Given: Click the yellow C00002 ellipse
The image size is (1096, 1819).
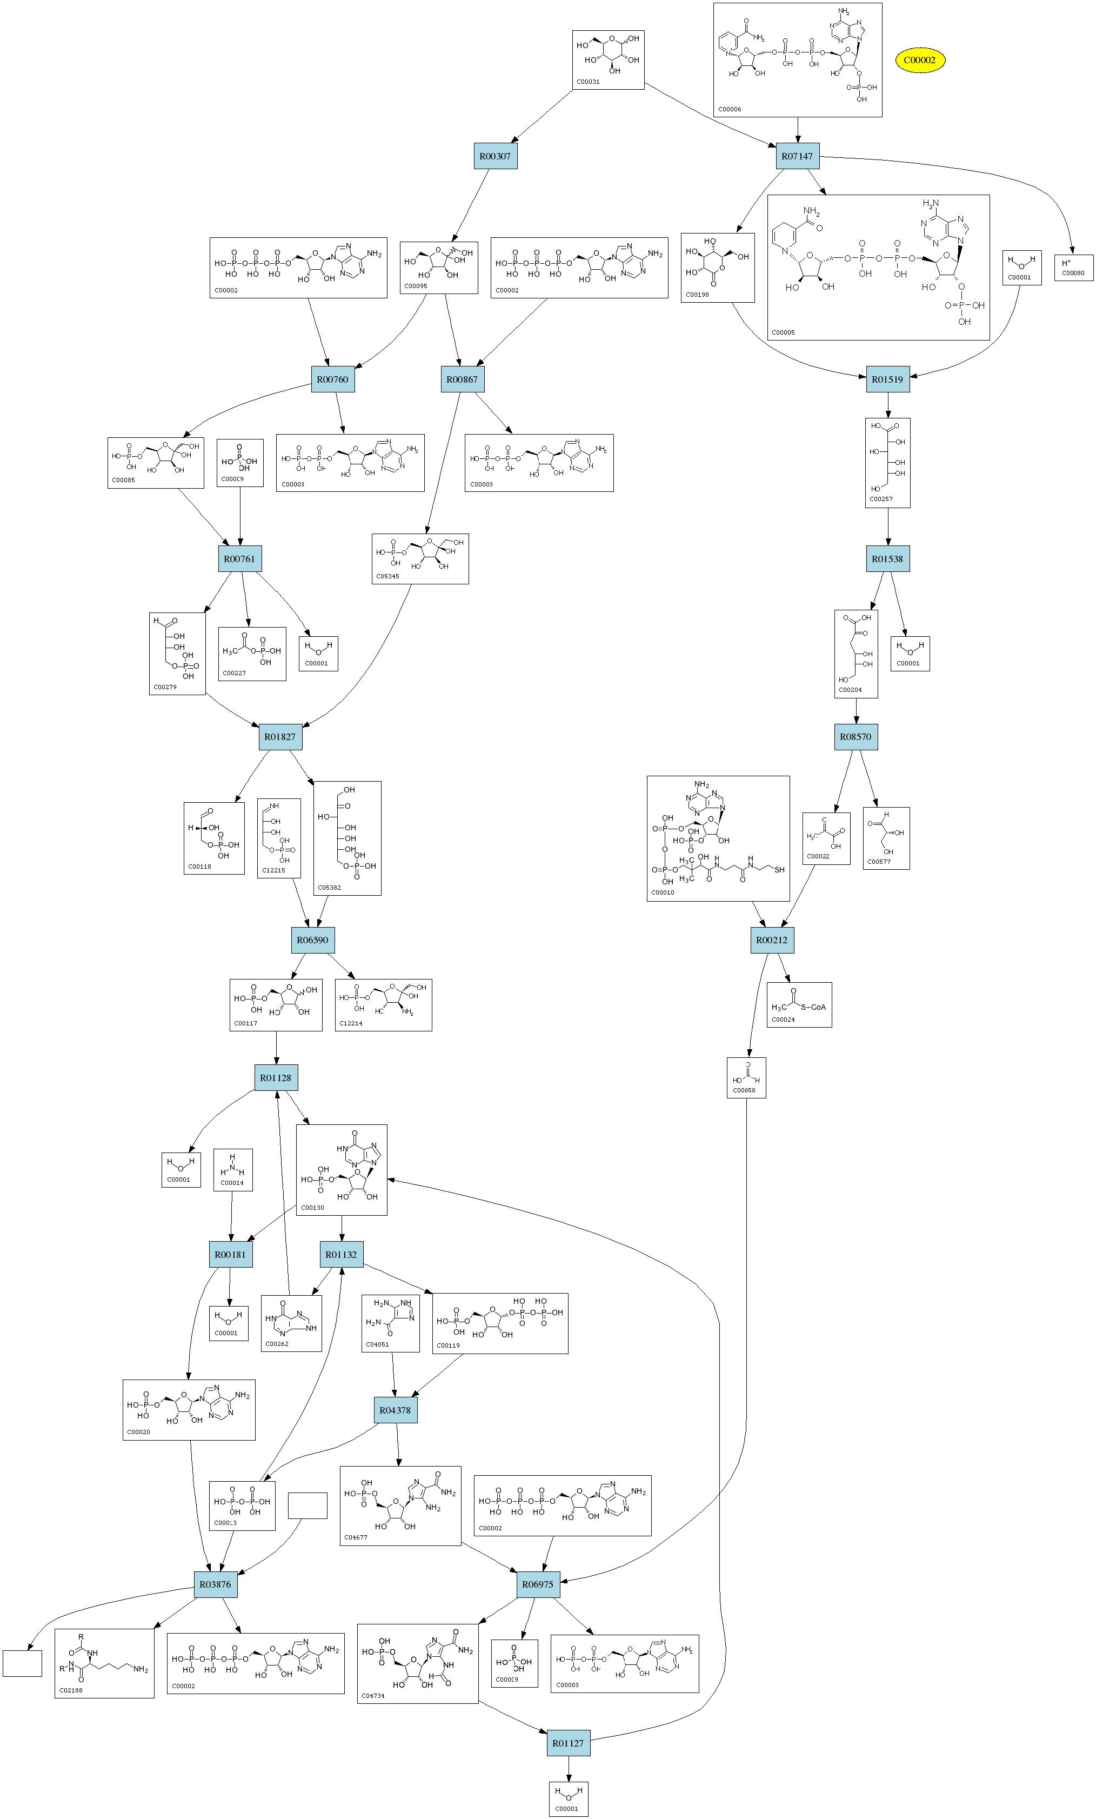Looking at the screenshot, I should coord(920,61).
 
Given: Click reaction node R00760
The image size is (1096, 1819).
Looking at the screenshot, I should coord(332,379).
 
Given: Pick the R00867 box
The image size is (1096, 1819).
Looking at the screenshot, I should coord(462,379).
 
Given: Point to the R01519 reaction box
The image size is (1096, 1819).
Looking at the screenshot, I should coord(887,379).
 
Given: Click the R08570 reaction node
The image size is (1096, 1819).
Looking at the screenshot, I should coord(856,737).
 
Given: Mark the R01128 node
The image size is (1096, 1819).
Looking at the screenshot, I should coord(276,1078).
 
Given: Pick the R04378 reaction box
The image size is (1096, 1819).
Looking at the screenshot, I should coord(395,1410).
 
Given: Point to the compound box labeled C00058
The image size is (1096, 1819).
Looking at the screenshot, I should coord(746,1078).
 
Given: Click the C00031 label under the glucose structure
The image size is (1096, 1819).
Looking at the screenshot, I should coord(588,82).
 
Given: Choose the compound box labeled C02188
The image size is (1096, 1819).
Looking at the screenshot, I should coord(104,1663).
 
